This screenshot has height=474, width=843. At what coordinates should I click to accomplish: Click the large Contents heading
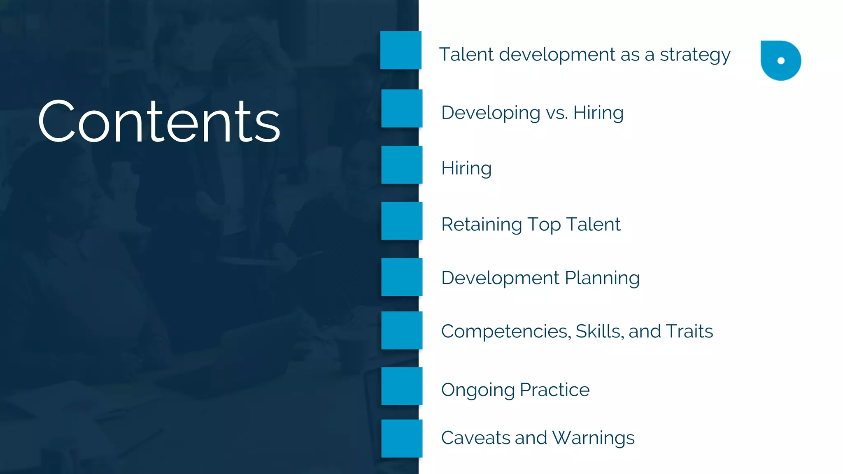coord(159,121)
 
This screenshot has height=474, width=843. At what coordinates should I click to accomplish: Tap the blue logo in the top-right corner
coord(780,60)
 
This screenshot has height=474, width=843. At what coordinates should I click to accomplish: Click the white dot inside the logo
coord(781,61)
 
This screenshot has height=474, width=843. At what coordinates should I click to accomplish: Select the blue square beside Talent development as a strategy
coord(401,50)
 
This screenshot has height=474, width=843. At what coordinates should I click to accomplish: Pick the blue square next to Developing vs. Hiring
coord(402,108)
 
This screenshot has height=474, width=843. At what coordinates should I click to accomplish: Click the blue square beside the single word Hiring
coord(402,165)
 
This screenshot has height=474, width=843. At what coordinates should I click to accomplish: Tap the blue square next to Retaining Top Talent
coord(402,221)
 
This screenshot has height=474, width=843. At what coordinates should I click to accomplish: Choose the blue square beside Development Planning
coord(402,277)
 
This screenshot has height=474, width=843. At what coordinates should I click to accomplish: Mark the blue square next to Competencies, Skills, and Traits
coord(402,330)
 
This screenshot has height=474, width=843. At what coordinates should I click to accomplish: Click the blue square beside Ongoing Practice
coord(402,386)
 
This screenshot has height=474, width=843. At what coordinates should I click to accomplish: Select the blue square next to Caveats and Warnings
coord(402,439)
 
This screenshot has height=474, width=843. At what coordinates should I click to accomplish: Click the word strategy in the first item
coord(695,55)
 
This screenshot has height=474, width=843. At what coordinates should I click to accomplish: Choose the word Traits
coord(689,331)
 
